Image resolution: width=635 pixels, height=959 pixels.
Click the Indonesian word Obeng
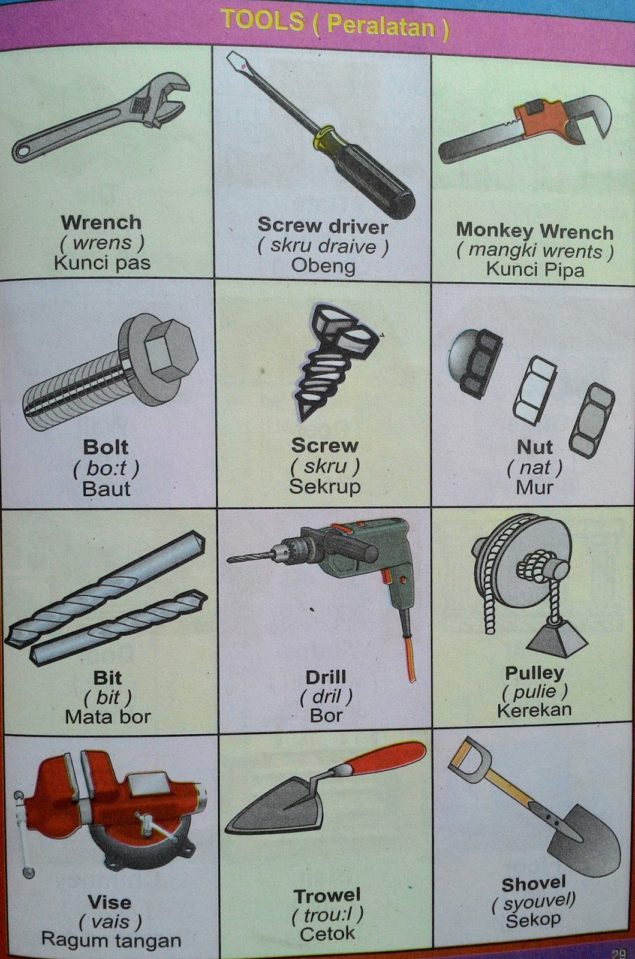click(x=323, y=266)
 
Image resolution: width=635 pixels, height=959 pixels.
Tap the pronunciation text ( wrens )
click(x=101, y=242)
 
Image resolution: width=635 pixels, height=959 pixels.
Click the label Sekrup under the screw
click(x=324, y=486)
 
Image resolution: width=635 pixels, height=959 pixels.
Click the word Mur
click(x=534, y=487)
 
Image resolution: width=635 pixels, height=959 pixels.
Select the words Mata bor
click(x=107, y=716)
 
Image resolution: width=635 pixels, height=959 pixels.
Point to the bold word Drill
click(x=326, y=677)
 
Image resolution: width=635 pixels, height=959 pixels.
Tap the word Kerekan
click(x=534, y=710)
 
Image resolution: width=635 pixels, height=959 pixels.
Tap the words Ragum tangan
click(x=111, y=940)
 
